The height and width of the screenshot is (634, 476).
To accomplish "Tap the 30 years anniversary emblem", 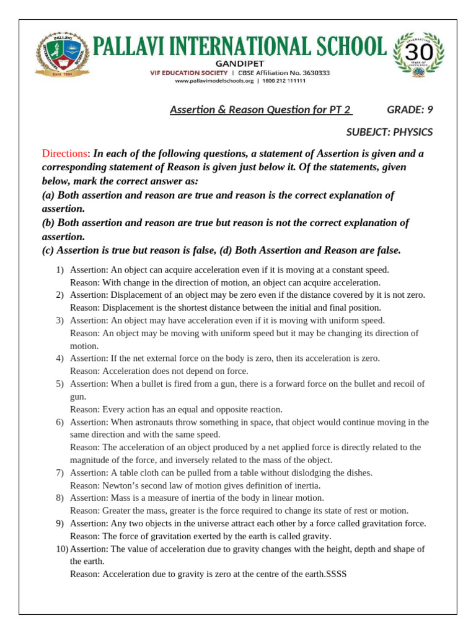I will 419,57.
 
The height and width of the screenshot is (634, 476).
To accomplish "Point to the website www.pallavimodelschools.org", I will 214,80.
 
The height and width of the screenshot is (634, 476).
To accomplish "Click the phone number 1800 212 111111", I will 282,80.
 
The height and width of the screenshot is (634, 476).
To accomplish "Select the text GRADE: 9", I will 410,110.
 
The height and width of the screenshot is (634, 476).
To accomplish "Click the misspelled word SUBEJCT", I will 368,132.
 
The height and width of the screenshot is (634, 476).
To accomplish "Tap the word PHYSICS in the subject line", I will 413,132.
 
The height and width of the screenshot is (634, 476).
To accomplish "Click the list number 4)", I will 59,358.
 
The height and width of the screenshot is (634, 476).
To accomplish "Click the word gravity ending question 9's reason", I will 315,536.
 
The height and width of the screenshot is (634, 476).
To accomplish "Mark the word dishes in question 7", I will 358,473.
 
